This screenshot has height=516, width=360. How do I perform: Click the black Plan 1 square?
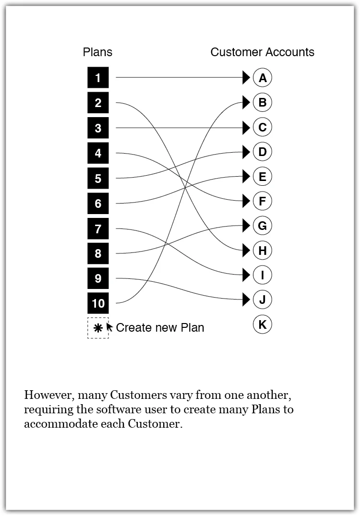point(98,78)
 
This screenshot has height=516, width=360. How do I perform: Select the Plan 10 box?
point(98,303)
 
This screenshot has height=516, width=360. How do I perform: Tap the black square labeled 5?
point(98,179)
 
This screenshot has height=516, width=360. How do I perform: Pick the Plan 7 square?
point(98,228)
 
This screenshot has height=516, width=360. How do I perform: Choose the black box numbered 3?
point(98,128)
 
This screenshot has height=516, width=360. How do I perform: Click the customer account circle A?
point(262,78)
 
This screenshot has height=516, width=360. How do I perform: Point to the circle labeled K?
point(262,325)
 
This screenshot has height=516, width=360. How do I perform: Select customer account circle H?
point(262,250)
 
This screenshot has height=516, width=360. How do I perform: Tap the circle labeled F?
point(262,201)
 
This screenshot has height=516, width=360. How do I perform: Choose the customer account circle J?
point(262,300)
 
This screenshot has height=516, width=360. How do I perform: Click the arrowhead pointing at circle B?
point(246,102)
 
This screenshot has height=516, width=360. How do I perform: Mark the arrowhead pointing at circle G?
point(246,225)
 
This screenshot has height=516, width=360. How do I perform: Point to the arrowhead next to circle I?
point(246,275)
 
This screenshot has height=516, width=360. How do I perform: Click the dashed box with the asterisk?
point(97,328)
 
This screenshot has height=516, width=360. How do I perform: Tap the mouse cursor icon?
point(109,327)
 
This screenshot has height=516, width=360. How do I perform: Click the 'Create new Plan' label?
point(160,328)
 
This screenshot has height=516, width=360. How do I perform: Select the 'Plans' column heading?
point(97,52)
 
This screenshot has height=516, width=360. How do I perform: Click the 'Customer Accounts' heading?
point(262,52)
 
